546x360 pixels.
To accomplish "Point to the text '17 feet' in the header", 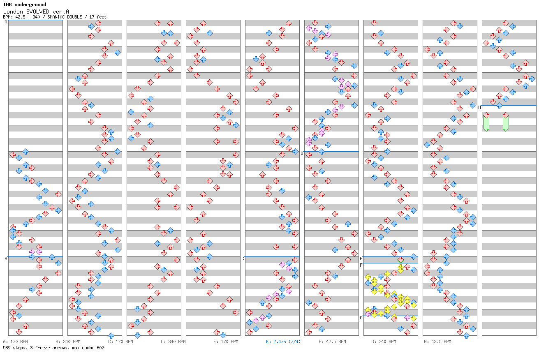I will pos(99,17).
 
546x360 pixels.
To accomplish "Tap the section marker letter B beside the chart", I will pos(6,258).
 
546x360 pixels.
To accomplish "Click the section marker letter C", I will pos(243,258).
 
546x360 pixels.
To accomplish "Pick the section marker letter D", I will pos(302,153).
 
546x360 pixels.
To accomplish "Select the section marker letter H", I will pos(479,107).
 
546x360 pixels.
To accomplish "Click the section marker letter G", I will pos(361,318).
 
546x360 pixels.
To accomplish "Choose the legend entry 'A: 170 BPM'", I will pos(15,342).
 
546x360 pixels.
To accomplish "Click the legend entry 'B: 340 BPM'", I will pos(68,342).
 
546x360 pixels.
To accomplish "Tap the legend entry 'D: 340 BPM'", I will pos(173,342).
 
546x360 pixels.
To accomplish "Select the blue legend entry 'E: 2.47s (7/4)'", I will pos(283,342).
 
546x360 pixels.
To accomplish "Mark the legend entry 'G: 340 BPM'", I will pos(384,342).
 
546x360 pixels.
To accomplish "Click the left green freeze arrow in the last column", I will pos(486,122).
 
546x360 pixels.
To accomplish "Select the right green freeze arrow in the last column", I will pos(506,122).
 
